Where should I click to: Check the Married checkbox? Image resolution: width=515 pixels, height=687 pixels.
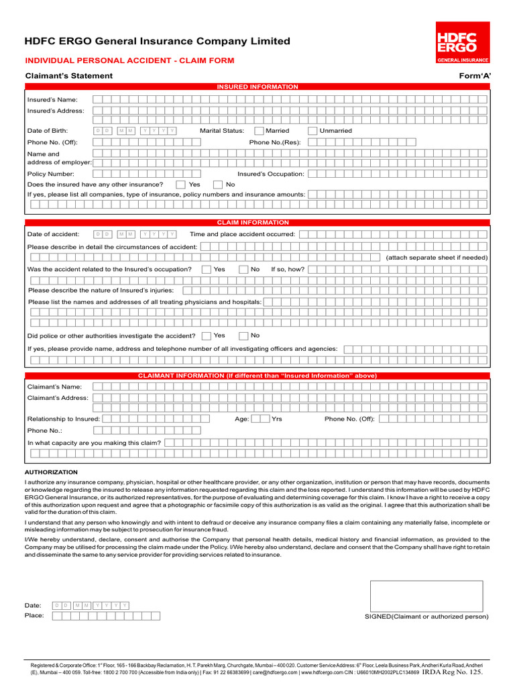(x=260, y=131)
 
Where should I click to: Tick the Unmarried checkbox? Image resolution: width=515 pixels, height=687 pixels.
(x=312, y=131)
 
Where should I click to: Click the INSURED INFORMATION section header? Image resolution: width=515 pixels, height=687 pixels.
(x=257, y=87)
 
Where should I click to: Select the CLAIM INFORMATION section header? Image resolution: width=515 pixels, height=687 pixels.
(x=257, y=222)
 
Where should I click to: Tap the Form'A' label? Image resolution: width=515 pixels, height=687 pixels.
(x=475, y=76)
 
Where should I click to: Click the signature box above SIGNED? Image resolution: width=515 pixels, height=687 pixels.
(x=426, y=596)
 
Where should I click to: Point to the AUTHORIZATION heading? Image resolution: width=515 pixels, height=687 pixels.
(x=51, y=472)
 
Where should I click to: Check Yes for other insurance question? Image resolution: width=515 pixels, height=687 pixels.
(x=180, y=184)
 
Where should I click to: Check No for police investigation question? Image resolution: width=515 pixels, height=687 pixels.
(x=243, y=335)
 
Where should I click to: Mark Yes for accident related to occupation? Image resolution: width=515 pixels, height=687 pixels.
(x=206, y=269)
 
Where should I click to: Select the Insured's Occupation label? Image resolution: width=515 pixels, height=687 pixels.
(x=270, y=174)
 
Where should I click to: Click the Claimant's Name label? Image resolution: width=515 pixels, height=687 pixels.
(x=54, y=386)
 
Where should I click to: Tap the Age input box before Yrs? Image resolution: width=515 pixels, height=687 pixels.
(x=260, y=419)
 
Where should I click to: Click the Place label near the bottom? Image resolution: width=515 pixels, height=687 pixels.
(x=34, y=615)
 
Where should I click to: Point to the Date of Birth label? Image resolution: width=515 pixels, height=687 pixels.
(x=48, y=131)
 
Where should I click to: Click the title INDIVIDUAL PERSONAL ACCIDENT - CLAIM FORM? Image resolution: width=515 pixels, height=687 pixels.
(x=129, y=60)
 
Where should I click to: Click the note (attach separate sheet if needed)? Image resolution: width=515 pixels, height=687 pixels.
(x=437, y=258)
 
